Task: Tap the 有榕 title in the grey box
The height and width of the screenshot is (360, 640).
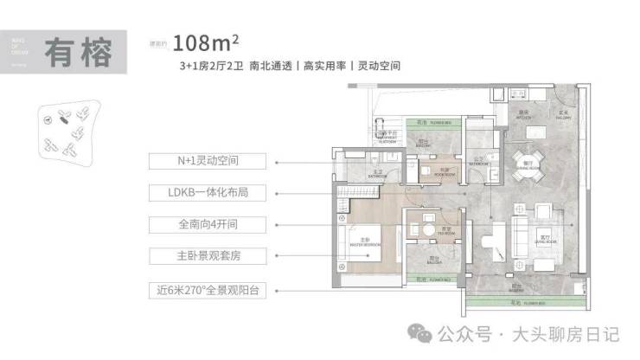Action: (x=79, y=54)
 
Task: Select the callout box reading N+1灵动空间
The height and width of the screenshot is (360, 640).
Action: (x=208, y=161)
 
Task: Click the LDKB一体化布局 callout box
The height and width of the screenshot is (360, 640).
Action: (x=208, y=192)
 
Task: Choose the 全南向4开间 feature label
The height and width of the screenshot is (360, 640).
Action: (x=208, y=224)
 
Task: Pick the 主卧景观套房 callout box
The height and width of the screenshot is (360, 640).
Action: (x=208, y=256)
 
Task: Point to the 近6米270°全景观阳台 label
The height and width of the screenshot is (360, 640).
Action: (x=208, y=289)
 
